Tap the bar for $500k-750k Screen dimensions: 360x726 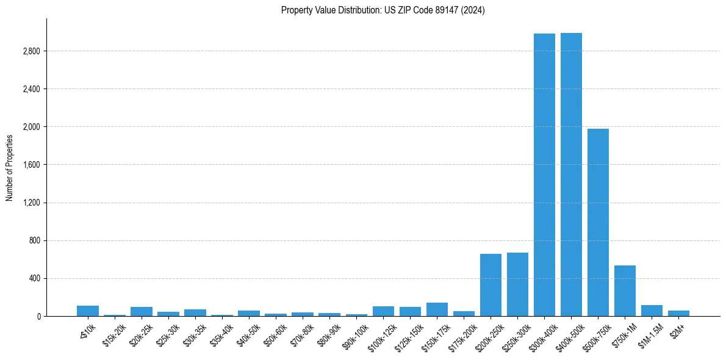click(598, 222)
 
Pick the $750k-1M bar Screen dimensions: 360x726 click(625, 290)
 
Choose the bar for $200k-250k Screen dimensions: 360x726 click(491, 285)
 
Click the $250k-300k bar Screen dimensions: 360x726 click(517, 284)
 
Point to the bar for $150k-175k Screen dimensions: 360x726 click(437, 309)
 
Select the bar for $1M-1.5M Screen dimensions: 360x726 click(652, 311)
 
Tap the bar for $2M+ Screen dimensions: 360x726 click(678, 313)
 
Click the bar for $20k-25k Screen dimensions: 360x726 click(142, 311)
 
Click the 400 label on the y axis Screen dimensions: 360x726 click(33, 279)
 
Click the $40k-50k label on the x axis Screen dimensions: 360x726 click(247, 333)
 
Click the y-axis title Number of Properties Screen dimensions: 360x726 click(10, 167)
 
